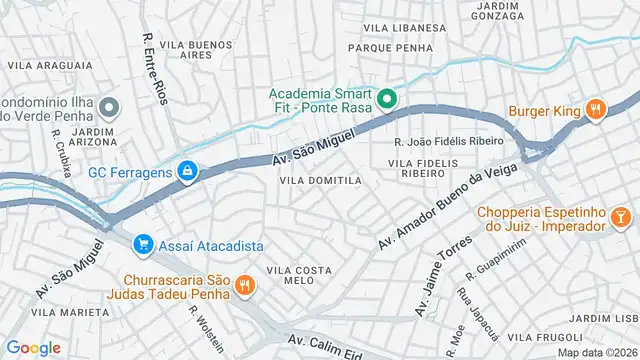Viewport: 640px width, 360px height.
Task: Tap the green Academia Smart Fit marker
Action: pos(387,99)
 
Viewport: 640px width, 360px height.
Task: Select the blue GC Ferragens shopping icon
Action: pos(186,172)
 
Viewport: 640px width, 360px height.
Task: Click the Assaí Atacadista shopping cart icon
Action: pos(144,243)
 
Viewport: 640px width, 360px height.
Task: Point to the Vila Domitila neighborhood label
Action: pos(319,180)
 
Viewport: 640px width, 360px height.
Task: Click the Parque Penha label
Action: pos(390,47)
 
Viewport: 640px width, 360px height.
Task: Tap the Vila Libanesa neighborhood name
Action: pos(404,27)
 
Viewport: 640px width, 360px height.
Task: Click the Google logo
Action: pos(34,347)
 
